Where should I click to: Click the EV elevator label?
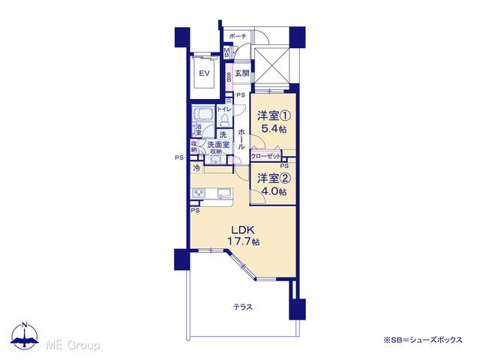[204, 73]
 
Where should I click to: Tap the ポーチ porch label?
[238, 36]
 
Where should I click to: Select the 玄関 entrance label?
[241, 73]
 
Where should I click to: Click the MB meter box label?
[226, 52]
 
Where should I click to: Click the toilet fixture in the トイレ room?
[225, 120]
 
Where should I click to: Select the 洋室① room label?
[274, 116]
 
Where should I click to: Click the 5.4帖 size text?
[274, 128]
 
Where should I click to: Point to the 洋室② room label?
[274, 178]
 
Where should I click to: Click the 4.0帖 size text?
[274, 191]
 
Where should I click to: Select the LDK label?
[243, 229]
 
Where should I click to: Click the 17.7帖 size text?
[243, 241]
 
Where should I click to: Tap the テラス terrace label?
[243, 307]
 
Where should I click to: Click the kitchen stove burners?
[198, 193]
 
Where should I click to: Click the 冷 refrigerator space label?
[196, 168]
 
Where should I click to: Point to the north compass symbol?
[25, 335]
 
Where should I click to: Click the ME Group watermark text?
[73, 346]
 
